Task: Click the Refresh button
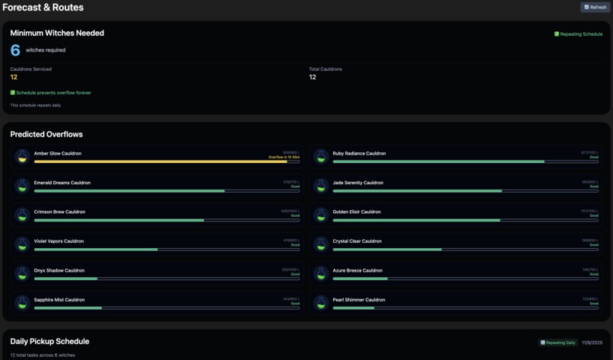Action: (596, 8)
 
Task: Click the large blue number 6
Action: (15, 50)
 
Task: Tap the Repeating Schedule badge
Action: (578, 34)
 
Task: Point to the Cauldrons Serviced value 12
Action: (14, 77)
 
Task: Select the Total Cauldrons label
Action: (326, 69)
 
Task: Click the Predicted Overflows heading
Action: (46, 134)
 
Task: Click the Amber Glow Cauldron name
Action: (58, 153)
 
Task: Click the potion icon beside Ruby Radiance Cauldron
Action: (321, 156)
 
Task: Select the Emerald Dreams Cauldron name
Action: (62, 183)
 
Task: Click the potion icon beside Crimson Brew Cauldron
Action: (22, 215)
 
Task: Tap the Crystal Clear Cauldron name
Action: (357, 241)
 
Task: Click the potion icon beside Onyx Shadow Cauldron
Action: (22, 273)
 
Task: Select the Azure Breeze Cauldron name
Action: (357, 270)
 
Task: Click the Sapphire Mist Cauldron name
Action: (59, 300)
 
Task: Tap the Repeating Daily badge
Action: (558, 342)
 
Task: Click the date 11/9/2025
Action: (592, 342)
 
